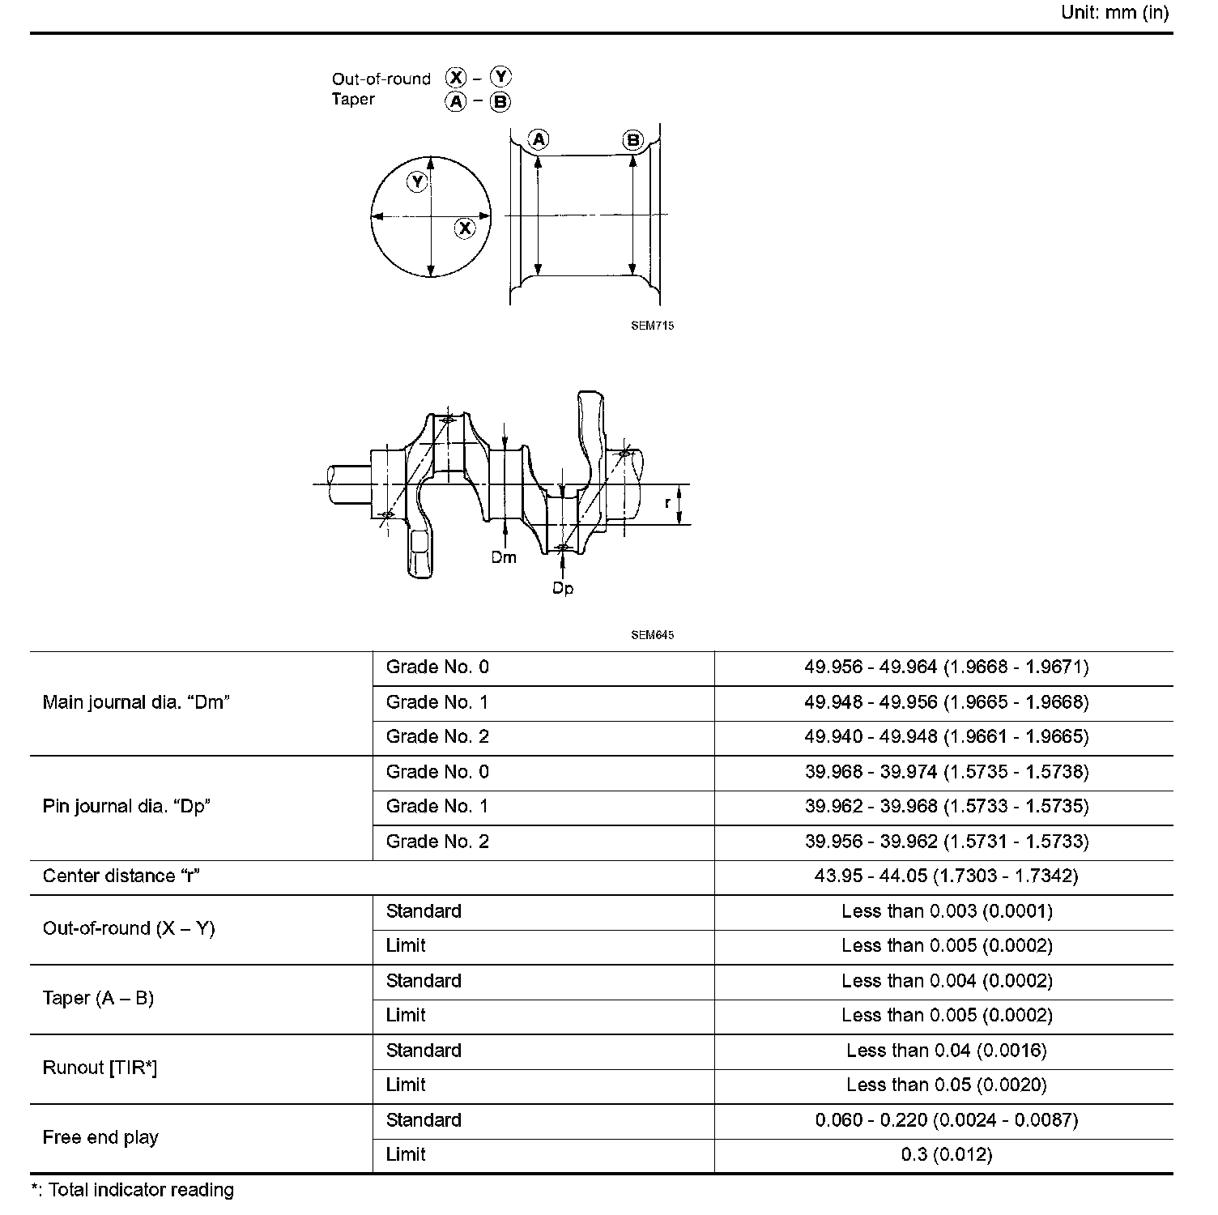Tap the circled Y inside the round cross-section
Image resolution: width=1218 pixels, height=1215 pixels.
click(x=417, y=182)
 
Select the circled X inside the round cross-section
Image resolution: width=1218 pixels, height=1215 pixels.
click(x=465, y=228)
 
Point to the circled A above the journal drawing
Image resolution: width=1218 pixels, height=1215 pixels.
click(x=539, y=139)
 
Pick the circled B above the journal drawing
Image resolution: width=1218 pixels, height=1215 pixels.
click(x=632, y=140)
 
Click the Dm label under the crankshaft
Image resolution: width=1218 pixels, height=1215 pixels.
click(x=504, y=557)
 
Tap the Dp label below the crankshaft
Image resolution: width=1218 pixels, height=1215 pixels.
click(x=563, y=588)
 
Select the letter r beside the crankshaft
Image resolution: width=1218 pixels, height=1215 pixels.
click(x=667, y=503)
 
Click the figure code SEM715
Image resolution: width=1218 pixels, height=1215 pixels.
click(x=652, y=326)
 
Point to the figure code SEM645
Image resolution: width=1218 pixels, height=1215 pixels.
click(x=652, y=635)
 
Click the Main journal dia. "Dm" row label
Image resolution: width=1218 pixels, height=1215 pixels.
click(x=136, y=702)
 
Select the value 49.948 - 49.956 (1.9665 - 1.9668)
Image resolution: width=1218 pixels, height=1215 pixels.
click(x=946, y=702)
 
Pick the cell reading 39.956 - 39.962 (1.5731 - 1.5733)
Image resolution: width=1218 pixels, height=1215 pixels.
click(x=946, y=842)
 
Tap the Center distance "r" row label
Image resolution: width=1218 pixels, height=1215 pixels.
click(x=121, y=876)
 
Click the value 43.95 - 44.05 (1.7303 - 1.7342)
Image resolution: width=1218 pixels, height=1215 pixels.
click(x=946, y=876)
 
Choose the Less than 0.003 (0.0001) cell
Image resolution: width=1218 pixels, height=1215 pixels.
click(x=946, y=911)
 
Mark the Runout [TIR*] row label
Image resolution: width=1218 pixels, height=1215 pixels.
click(x=100, y=1068)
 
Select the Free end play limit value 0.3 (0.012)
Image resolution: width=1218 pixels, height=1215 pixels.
click(x=946, y=1155)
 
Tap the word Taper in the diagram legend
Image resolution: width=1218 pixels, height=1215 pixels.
click(x=353, y=100)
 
